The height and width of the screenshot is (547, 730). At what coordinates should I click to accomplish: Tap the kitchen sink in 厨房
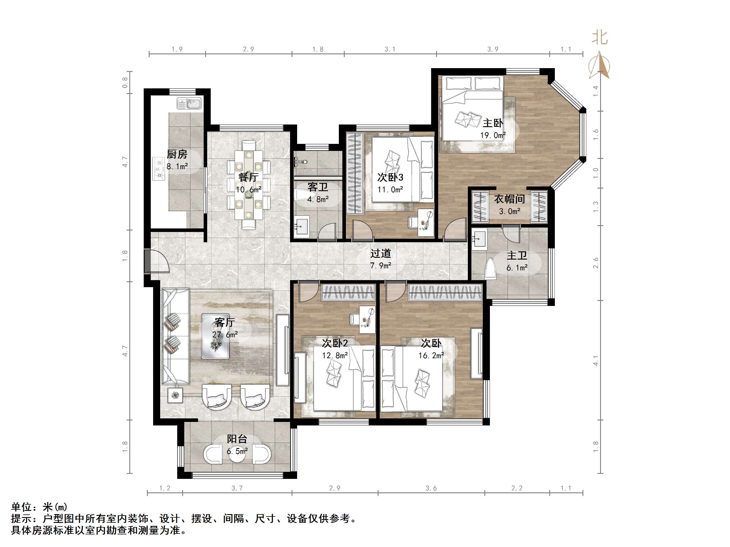(189, 104)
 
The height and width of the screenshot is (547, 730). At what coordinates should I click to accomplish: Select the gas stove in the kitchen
(159, 169)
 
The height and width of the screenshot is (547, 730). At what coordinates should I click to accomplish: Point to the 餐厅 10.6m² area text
(249, 189)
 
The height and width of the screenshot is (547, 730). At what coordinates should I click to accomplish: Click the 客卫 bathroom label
(318, 187)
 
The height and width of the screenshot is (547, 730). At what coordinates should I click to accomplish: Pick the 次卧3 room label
(390, 177)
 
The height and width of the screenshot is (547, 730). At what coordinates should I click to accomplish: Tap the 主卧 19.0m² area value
(493, 135)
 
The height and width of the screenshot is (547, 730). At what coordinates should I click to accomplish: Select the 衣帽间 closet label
(510, 199)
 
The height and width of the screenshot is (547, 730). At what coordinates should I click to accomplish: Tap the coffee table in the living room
(215, 336)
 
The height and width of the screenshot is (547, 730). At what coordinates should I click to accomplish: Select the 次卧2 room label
(335, 343)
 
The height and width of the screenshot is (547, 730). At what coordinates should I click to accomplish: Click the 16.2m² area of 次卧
(431, 356)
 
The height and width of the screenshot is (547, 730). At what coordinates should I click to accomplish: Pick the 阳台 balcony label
(237, 439)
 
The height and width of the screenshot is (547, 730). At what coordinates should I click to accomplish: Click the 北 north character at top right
(599, 37)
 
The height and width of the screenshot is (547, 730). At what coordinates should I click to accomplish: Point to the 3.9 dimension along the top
(493, 49)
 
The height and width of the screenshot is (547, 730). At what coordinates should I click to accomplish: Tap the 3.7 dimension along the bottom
(237, 488)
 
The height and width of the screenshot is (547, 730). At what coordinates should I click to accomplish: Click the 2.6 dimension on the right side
(596, 263)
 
